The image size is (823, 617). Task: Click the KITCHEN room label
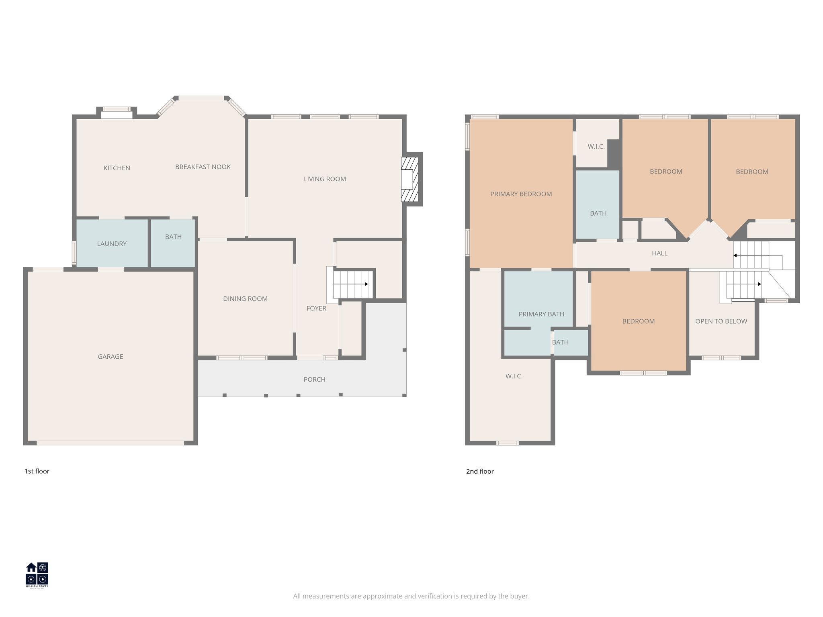click(x=117, y=168)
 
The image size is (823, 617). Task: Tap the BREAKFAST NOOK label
click(x=203, y=167)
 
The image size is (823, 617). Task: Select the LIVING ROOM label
click(x=325, y=179)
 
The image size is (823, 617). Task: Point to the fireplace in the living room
click(x=409, y=179)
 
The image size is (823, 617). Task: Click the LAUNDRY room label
click(x=112, y=243)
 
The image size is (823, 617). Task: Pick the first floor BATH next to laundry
click(x=173, y=237)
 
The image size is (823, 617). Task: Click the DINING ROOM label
click(x=245, y=298)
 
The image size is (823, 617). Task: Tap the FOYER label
click(x=316, y=308)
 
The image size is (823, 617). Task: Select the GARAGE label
click(x=110, y=356)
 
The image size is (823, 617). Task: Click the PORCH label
click(x=314, y=379)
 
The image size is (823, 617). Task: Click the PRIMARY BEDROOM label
click(x=521, y=194)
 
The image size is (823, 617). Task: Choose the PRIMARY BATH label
click(x=541, y=314)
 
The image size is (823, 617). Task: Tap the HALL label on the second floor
click(x=659, y=253)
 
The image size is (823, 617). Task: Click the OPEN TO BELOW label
click(x=721, y=321)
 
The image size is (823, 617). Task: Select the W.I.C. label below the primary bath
click(x=514, y=376)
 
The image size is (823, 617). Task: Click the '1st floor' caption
click(x=37, y=471)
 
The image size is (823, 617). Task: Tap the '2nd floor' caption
click(x=480, y=471)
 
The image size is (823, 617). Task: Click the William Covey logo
click(x=37, y=575)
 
